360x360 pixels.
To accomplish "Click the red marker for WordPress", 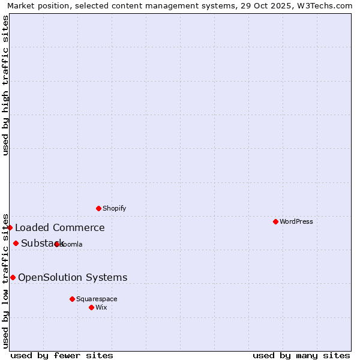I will (275, 221).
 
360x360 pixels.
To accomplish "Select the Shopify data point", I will (98, 208).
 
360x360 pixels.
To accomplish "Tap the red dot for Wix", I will (91, 307).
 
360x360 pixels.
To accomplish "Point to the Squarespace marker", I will (72, 299).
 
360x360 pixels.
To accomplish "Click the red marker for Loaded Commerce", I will (10, 227).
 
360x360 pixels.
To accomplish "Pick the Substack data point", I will (16, 243).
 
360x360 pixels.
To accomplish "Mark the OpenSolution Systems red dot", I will (13, 277).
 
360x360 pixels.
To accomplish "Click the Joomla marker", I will (56, 244).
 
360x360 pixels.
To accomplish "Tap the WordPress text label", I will (296, 221).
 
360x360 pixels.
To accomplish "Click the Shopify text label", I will (115, 208).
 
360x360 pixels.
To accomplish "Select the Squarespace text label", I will (97, 299).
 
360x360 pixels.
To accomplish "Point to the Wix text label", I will (101, 307).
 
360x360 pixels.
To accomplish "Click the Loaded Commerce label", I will (60, 227).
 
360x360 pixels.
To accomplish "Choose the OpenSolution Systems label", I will (73, 277).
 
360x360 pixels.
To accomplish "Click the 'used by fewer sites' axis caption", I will (62, 355).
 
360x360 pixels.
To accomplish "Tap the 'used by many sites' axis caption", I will (301, 355).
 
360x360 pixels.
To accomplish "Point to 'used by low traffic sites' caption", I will (5, 280).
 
